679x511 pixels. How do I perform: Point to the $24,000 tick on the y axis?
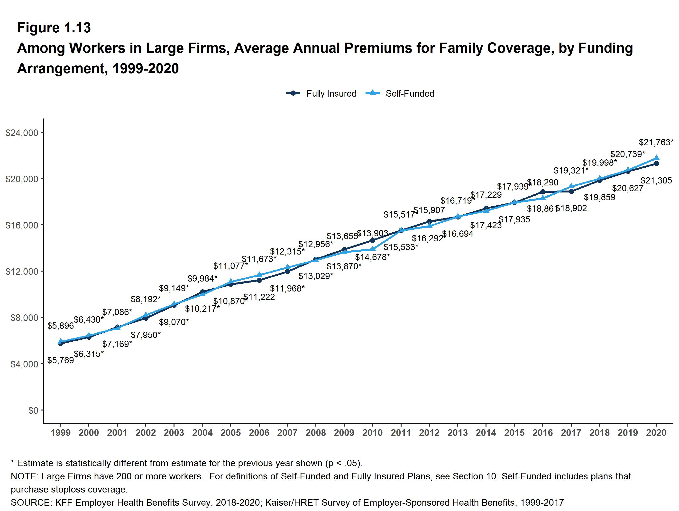(22, 133)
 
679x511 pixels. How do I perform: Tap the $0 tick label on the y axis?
(33, 410)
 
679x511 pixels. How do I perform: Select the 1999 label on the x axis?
(60, 433)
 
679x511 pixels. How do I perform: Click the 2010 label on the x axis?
(372, 433)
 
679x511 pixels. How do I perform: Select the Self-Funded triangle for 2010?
(373, 249)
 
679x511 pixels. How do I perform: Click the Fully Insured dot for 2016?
(543, 192)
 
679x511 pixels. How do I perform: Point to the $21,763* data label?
(656, 142)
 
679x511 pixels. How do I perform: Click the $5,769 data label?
(60, 360)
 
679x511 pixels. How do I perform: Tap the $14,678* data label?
(372, 257)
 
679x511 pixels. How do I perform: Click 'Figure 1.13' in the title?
(54, 28)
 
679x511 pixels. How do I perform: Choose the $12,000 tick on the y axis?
(22, 271)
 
